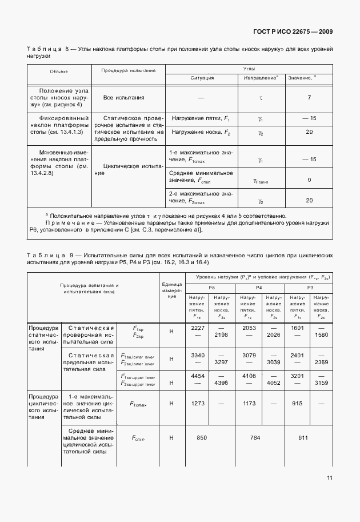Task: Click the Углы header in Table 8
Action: coord(249,68)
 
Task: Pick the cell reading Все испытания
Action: coord(123,98)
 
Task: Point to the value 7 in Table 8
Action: coord(309,98)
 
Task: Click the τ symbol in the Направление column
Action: coord(261,98)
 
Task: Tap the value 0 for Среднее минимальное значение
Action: coord(309,180)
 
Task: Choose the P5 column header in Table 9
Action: coord(211,287)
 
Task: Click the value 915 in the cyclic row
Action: coord(297,403)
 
